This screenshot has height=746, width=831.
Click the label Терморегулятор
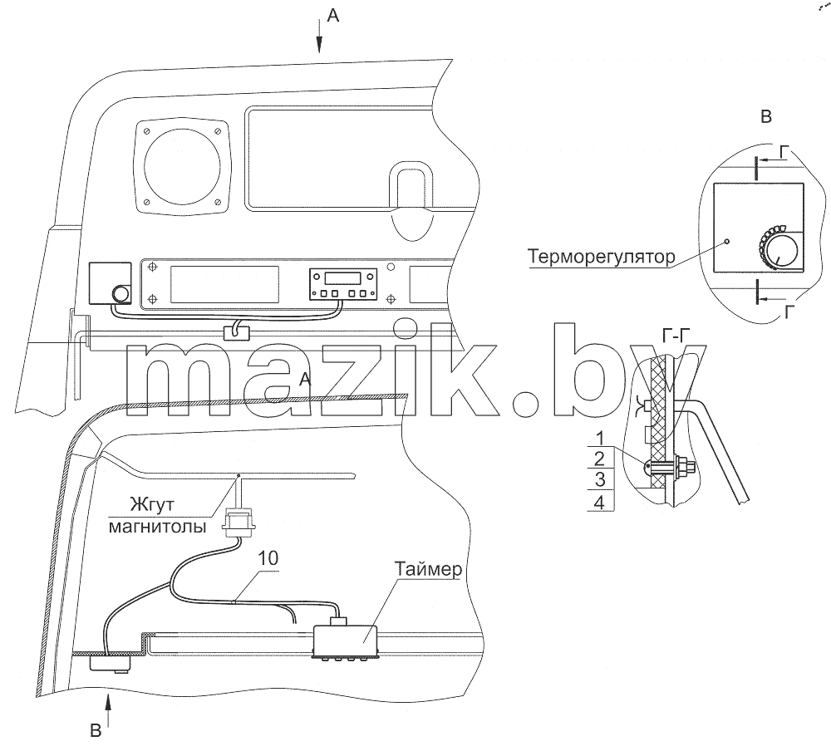tap(602, 257)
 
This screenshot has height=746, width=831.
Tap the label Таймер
tap(428, 570)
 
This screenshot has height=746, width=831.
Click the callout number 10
tap(268, 558)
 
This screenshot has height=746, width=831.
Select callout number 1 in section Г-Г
tap(600, 438)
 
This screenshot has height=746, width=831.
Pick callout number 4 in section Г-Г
tap(599, 502)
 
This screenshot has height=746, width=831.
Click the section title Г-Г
tap(676, 335)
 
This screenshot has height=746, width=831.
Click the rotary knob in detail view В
tap(777, 251)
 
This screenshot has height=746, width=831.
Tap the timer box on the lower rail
tap(345, 641)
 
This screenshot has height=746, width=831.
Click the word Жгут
tap(151, 504)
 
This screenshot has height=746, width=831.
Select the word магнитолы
tap(157, 527)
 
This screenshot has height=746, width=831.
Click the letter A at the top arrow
tap(333, 16)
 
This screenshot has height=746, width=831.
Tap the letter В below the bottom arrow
tap(96, 731)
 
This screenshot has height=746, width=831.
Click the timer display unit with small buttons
tap(343, 283)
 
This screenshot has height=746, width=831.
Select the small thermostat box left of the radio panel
tap(111, 283)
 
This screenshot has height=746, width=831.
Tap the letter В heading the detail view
tap(766, 116)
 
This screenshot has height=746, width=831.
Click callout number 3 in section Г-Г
tap(600, 479)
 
